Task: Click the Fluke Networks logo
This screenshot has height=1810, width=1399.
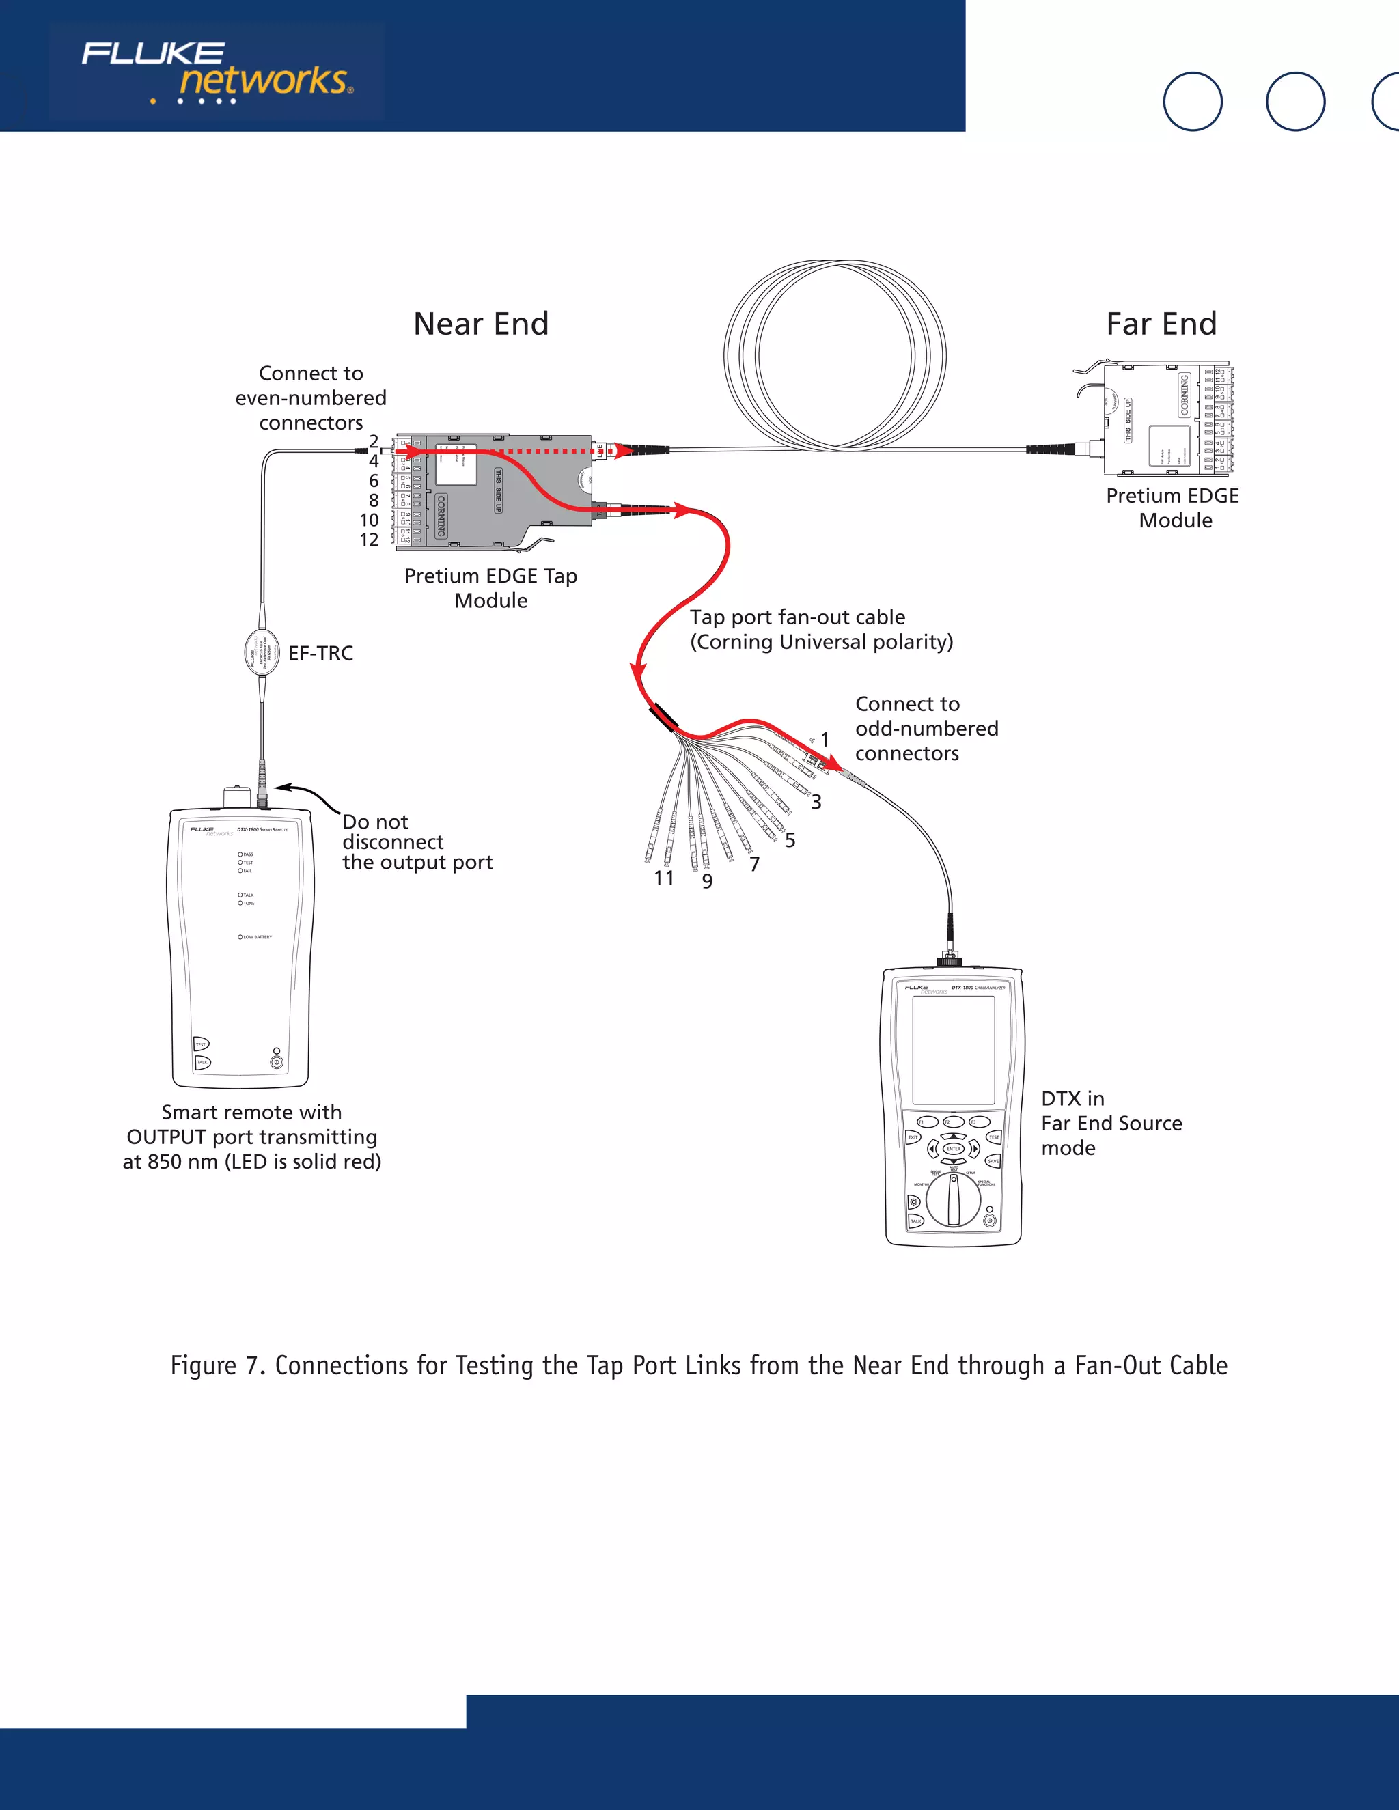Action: point(217,73)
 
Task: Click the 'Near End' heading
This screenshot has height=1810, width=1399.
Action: point(481,324)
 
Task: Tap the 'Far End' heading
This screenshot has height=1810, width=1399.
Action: point(1161,324)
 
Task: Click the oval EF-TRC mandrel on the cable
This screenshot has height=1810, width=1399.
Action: point(262,652)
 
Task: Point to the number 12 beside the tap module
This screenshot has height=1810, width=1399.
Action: point(369,540)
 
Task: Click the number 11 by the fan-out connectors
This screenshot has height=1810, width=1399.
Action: point(664,878)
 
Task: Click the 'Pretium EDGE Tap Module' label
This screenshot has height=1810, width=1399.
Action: point(490,588)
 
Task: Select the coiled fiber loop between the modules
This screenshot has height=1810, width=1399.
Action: point(835,357)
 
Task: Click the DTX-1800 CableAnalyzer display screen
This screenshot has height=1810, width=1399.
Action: point(953,1050)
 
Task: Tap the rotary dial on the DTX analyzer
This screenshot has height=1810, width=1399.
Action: point(953,1199)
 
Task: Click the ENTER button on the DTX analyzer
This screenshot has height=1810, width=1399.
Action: point(953,1149)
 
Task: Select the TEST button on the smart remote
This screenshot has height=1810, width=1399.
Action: point(202,1044)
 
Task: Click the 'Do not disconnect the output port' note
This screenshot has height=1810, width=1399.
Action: point(417,842)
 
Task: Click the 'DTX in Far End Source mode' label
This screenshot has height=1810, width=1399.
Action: point(1111,1123)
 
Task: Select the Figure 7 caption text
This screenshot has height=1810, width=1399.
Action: point(699,1365)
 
